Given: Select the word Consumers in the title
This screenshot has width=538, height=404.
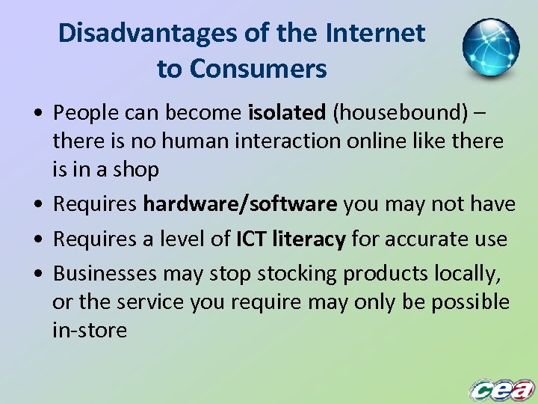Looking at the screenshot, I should tap(258, 69).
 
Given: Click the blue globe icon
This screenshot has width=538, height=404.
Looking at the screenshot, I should tap(490, 47).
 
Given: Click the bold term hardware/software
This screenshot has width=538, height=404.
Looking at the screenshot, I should tap(241, 204).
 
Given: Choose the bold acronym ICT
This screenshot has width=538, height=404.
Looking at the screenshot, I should tap(251, 239).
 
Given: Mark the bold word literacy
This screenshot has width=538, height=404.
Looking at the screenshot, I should tap(309, 239).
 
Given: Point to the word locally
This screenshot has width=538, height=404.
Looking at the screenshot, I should tap(466, 274).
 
